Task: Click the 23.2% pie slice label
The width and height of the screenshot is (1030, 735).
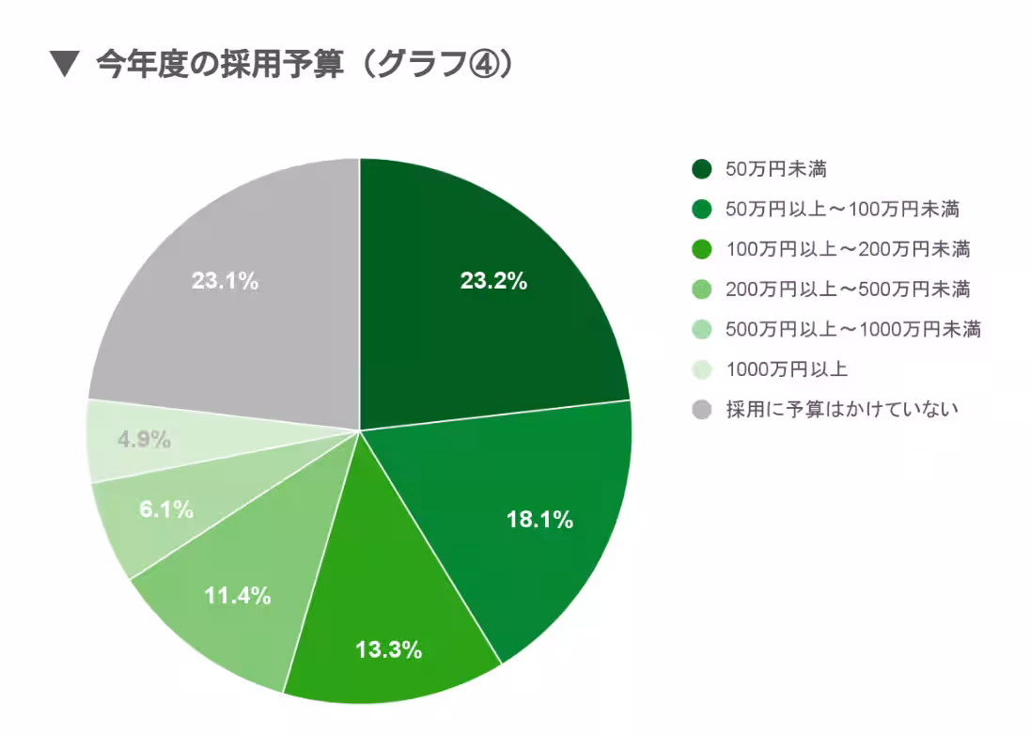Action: tap(493, 281)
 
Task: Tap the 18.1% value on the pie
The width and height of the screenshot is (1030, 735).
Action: tap(539, 520)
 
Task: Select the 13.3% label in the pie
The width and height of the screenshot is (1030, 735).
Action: tap(388, 649)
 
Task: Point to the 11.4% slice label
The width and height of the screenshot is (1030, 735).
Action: tap(238, 595)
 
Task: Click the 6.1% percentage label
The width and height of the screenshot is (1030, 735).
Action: tap(166, 510)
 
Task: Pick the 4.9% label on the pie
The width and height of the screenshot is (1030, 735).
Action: tap(144, 439)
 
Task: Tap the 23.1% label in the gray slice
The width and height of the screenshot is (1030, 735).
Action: tap(225, 281)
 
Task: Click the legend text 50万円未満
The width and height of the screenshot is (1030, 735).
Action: tap(775, 169)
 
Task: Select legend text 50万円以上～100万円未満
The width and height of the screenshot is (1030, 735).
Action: tap(842, 209)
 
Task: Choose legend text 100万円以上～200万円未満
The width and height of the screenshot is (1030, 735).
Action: tap(848, 249)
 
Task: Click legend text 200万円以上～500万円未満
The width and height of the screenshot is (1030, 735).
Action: tap(848, 289)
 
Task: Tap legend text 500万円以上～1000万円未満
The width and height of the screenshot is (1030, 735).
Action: tap(853, 329)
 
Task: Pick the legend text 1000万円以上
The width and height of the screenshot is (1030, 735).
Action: tap(787, 369)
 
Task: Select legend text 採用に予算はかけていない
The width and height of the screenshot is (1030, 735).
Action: tap(842, 410)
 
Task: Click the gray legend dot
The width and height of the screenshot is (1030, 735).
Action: tap(701, 410)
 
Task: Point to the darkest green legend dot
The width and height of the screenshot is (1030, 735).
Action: tap(701, 169)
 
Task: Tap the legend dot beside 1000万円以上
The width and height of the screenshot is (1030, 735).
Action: tap(701, 369)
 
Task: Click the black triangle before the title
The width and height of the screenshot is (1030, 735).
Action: tap(63, 65)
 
